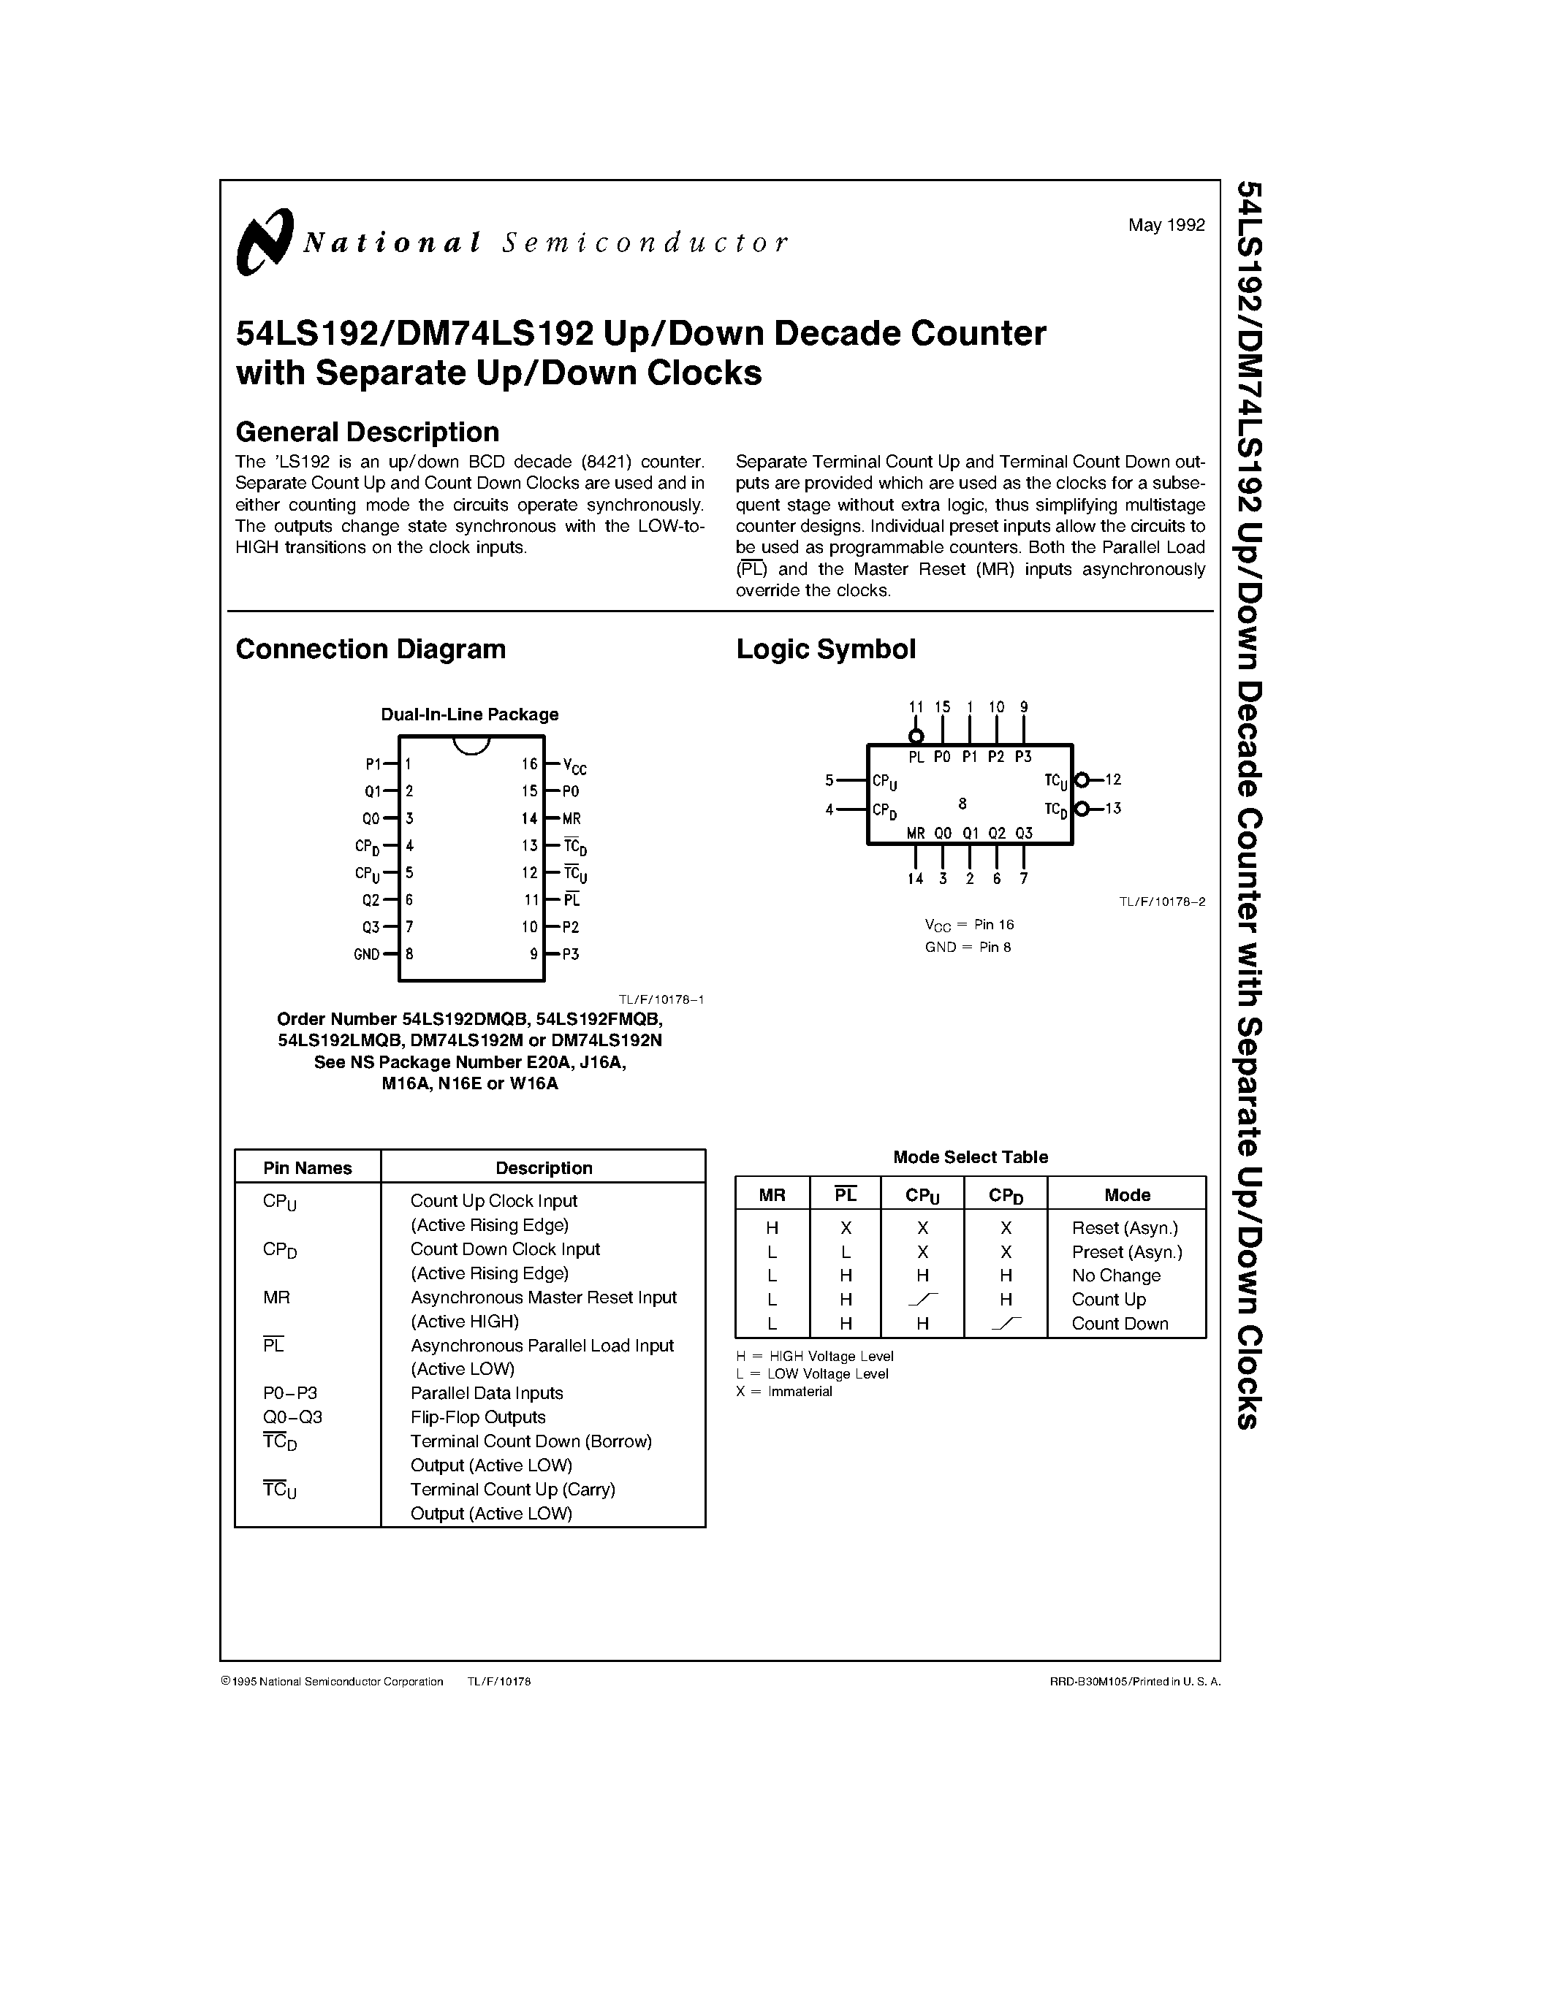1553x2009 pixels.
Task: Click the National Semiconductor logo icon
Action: (264, 241)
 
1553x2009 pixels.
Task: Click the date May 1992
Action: (1166, 224)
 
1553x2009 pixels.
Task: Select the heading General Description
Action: (367, 432)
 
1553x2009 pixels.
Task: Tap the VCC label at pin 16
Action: (574, 766)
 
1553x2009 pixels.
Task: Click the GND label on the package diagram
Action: (366, 954)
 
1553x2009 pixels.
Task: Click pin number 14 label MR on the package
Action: (572, 817)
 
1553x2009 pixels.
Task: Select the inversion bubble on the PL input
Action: (916, 736)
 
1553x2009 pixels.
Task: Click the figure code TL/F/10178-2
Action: (1161, 901)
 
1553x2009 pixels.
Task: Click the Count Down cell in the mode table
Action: (1120, 1324)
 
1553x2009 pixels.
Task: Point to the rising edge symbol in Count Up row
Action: (923, 1299)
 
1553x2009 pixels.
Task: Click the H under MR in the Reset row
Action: (772, 1228)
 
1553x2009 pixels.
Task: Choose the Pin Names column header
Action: (307, 1168)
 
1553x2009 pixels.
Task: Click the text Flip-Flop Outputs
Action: (477, 1417)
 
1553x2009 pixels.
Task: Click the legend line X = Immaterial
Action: (784, 1392)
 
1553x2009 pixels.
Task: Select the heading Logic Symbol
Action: (825, 649)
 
